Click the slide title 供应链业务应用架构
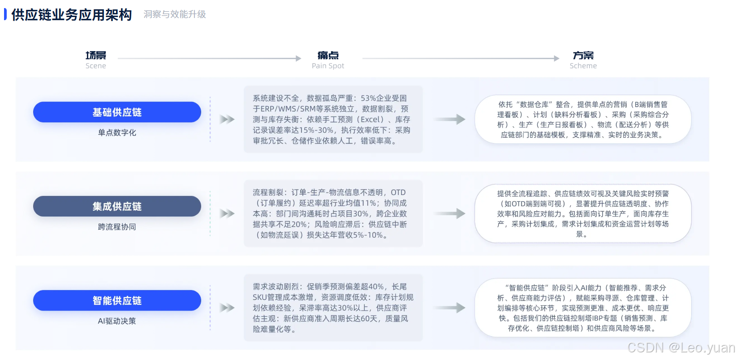(71, 15)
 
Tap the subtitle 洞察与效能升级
(175, 14)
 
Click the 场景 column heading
(96, 56)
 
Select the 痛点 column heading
(328, 56)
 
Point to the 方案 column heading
(583, 56)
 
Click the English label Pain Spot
(328, 66)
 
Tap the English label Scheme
(583, 66)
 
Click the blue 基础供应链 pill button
(117, 112)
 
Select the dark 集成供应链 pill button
(117, 206)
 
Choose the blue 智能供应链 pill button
(117, 300)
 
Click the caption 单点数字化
(117, 133)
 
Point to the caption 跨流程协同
(117, 227)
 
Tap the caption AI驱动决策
(117, 321)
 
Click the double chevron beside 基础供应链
(227, 119)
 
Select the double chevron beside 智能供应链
(227, 308)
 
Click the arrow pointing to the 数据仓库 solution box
(450, 119)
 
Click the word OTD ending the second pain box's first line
(398, 192)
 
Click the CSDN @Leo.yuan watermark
(681, 348)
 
